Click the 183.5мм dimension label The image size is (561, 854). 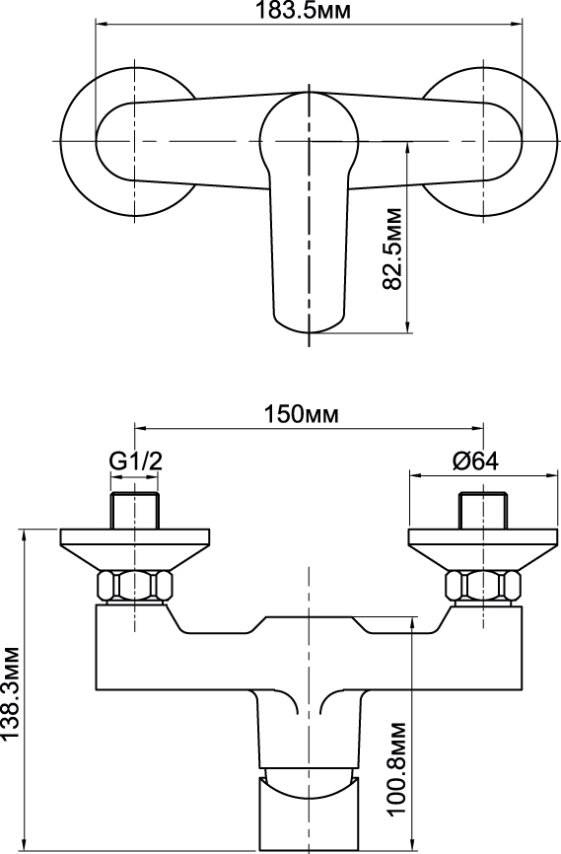pyautogui.click(x=304, y=10)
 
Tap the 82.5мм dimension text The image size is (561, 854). pyautogui.click(x=392, y=249)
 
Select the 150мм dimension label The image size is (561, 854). pyautogui.click(x=301, y=414)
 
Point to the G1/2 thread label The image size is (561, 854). pyautogui.click(x=136, y=462)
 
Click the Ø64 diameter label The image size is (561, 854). pyautogui.click(x=475, y=462)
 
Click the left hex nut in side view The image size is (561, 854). pyautogui.click(x=134, y=586)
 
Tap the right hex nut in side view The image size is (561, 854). pyautogui.click(x=482, y=586)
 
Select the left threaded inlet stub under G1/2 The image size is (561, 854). pyautogui.click(x=134, y=511)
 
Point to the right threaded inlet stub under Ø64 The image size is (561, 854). pyautogui.click(x=483, y=511)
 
